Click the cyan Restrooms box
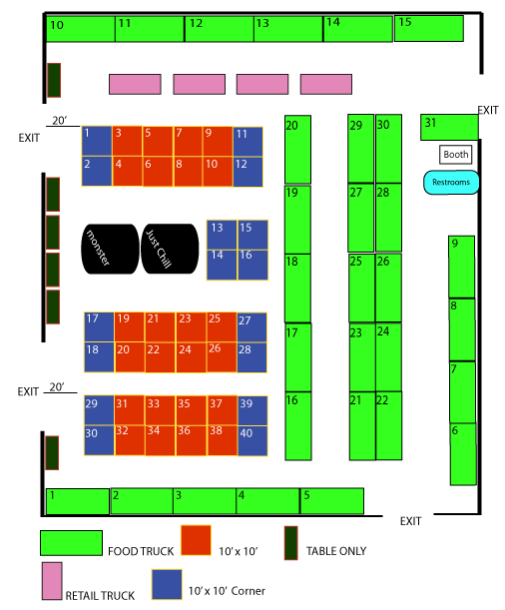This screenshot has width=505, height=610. click(451, 182)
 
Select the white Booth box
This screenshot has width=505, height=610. click(456, 155)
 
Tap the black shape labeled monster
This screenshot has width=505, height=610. click(110, 249)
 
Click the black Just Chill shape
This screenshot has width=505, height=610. click(170, 249)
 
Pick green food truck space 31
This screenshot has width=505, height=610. click(449, 127)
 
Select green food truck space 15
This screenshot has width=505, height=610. click(429, 28)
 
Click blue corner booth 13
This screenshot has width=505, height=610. click(222, 235)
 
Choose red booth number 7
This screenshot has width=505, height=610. click(188, 141)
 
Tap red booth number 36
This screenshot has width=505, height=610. click(192, 440)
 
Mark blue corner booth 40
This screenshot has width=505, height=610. click(252, 440)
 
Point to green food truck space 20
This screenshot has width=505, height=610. click(297, 150)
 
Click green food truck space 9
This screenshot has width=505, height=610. click(461, 267)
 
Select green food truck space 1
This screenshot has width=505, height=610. click(78, 501)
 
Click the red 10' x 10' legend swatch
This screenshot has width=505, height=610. click(196, 540)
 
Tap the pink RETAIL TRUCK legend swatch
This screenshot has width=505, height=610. click(52, 581)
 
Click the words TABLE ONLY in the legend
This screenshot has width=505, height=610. click(336, 551)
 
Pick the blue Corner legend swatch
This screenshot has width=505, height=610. click(167, 584)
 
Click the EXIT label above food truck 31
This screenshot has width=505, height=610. click(488, 111)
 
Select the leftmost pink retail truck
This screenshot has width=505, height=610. click(135, 84)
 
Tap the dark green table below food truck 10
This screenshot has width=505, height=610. click(54, 80)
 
